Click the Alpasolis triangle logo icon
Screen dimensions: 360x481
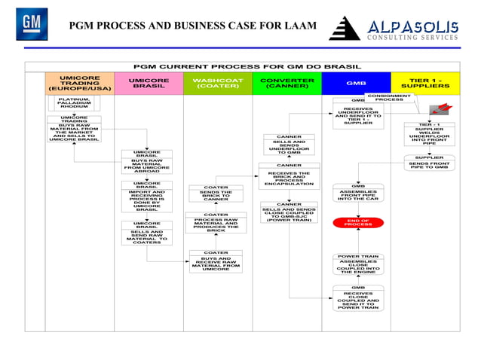(346, 29)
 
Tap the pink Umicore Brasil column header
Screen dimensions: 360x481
(149, 83)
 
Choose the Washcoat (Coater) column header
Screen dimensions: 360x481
(217, 83)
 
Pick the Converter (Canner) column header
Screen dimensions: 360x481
(286, 83)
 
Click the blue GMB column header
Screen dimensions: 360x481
(356, 84)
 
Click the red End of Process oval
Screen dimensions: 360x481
(358, 222)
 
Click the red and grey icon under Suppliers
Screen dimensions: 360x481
(438, 110)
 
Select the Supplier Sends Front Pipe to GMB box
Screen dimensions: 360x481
(429, 163)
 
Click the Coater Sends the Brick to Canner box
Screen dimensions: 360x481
(216, 194)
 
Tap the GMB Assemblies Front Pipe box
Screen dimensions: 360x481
(358, 194)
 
